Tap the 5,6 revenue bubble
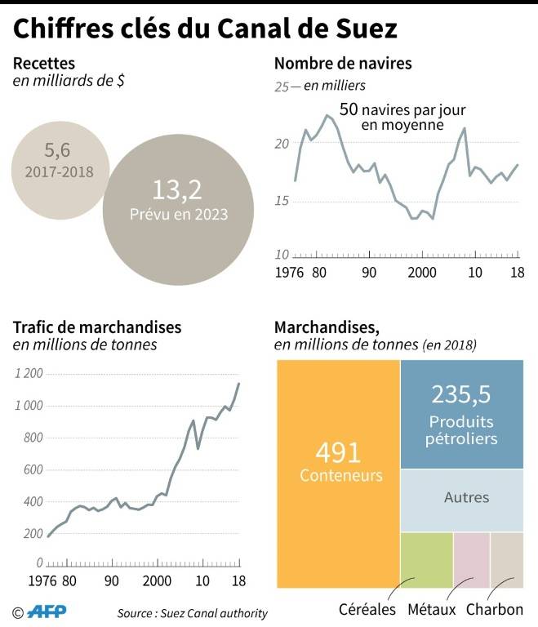tap(60, 161)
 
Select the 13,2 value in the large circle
tap(176, 189)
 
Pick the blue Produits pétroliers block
tap(462, 416)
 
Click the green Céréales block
tap(425, 560)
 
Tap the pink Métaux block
tap(471, 560)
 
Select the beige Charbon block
tap(506, 560)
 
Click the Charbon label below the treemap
tap(494, 609)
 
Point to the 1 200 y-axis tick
tap(29, 374)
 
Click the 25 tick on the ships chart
tap(282, 85)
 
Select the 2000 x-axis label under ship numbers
tap(422, 272)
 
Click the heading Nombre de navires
tap(342, 63)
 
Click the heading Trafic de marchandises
tap(97, 327)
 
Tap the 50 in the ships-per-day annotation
tap(349, 109)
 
